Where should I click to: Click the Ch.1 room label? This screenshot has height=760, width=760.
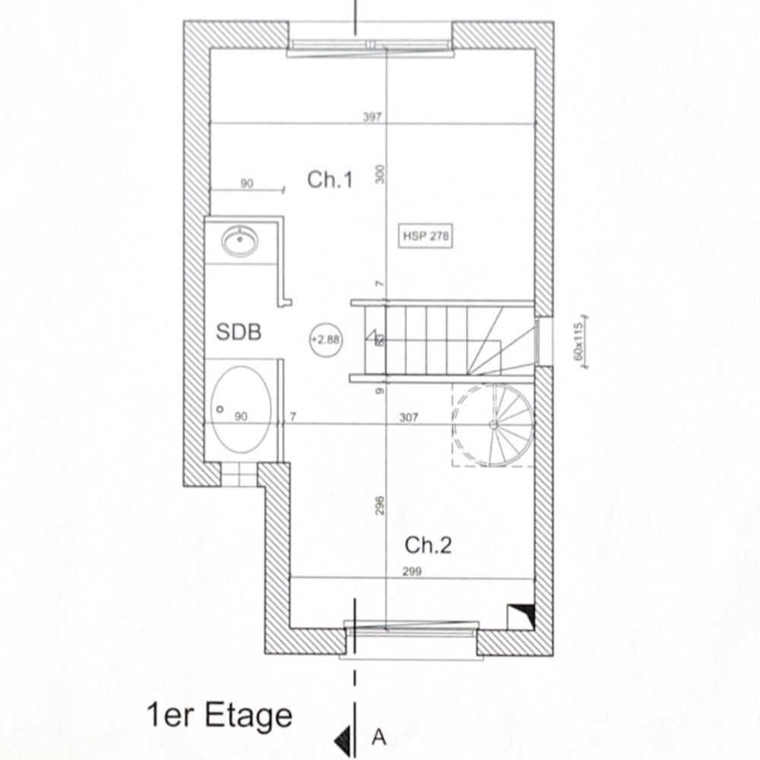(x=330, y=180)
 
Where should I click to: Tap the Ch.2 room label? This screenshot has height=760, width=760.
(x=428, y=545)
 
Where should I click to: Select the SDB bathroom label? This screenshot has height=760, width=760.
(x=239, y=332)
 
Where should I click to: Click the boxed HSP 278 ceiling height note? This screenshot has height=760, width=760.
(x=426, y=236)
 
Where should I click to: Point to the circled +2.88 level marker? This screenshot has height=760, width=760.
(x=326, y=340)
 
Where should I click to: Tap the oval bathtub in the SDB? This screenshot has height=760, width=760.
(x=241, y=410)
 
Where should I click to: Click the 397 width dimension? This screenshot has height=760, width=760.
(x=372, y=117)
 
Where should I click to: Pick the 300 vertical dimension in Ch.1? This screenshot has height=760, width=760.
(x=380, y=174)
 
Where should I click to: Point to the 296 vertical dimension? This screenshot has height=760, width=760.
(x=380, y=505)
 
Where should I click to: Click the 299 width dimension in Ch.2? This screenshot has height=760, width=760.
(x=412, y=572)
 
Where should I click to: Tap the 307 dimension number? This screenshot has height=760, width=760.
(x=409, y=417)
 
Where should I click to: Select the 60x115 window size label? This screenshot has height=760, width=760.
(x=578, y=342)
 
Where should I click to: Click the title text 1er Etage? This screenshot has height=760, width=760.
(x=220, y=715)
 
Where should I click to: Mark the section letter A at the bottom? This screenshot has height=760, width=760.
(x=379, y=736)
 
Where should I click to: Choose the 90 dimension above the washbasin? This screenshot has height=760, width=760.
(x=247, y=184)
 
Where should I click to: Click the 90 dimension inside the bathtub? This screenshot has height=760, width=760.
(x=241, y=416)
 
